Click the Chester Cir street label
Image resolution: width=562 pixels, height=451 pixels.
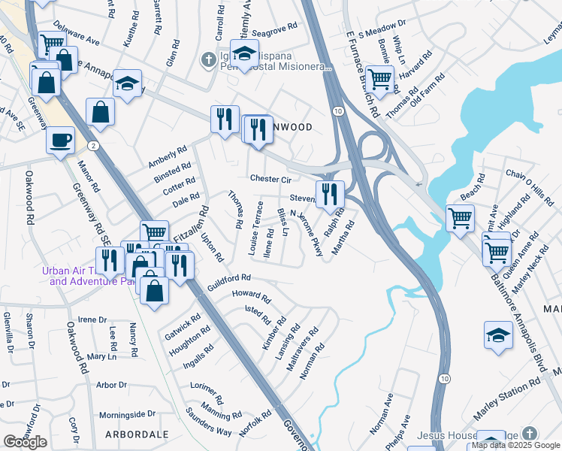click(x=270, y=180)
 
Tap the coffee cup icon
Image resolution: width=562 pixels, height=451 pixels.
click(x=60, y=139)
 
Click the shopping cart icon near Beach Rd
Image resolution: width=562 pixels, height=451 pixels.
click(x=460, y=218)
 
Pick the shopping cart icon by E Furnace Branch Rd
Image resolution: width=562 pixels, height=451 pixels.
click(x=380, y=77)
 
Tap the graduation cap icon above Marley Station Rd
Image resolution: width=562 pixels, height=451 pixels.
click(x=498, y=335)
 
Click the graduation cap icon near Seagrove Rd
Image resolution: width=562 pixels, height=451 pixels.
click(x=243, y=53)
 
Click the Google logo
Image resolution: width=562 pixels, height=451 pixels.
click(x=25, y=442)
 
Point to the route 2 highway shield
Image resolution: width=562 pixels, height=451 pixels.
click(x=92, y=144)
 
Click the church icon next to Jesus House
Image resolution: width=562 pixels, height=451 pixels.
click(x=530, y=434)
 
